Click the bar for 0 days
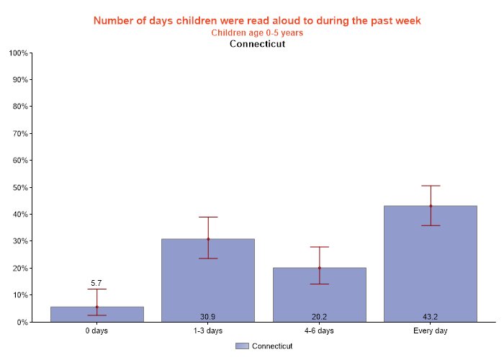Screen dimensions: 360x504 [x=96, y=315]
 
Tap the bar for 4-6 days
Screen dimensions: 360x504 [x=319, y=294]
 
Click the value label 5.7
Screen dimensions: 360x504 [x=96, y=283]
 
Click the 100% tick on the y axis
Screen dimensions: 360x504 [x=18, y=53]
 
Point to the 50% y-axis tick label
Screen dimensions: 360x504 [x=19, y=188]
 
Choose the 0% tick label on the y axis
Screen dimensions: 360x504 [x=22, y=323]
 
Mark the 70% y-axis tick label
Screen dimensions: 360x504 [x=19, y=134]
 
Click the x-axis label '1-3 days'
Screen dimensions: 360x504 [x=208, y=331]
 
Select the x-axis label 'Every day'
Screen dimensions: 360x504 [x=431, y=331]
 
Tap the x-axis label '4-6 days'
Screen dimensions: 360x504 [x=319, y=331]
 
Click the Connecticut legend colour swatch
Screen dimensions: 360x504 [x=242, y=346]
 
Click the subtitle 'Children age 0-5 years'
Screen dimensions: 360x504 [x=257, y=32]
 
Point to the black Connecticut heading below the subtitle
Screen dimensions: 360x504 [x=257, y=44]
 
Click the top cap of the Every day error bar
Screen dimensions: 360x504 [x=431, y=186]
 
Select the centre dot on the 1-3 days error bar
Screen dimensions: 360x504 [x=208, y=239]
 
